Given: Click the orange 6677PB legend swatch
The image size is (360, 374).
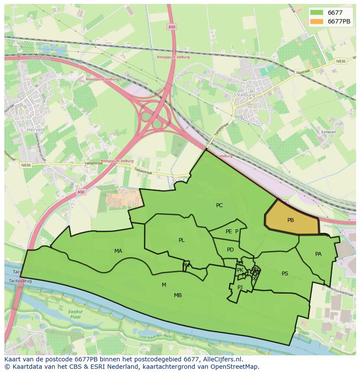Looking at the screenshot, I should pyautogui.click(x=317, y=21).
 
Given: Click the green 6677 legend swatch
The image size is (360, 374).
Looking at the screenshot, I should pyautogui.click(x=317, y=13).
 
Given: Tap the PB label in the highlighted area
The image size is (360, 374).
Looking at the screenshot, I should pyautogui.click(x=290, y=220).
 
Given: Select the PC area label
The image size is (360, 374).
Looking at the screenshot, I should pyautogui.click(x=219, y=205).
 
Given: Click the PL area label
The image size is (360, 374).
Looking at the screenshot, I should pyautogui.click(x=181, y=240).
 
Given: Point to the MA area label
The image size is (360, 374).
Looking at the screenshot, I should pyautogui.click(x=118, y=251).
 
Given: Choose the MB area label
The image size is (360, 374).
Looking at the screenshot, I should pyautogui.click(x=178, y=295).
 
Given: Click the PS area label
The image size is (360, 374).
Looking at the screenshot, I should pyautogui.click(x=285, y=274).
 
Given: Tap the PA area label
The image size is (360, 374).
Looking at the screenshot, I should pyautogui.click(x=318, y=254).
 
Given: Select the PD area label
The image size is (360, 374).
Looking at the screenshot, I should pyautogui.click(x=230, y=250).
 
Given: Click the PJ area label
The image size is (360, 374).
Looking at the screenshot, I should pyautogui.click(x=240, y=287).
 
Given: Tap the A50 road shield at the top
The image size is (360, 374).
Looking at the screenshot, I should pyautogui.click(x=172, y=27).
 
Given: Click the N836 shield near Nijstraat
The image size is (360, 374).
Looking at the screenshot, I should pyautogui.click(x=340, y=62).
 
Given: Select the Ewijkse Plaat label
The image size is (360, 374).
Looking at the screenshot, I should pyautogui.click(x=75, y=314).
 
